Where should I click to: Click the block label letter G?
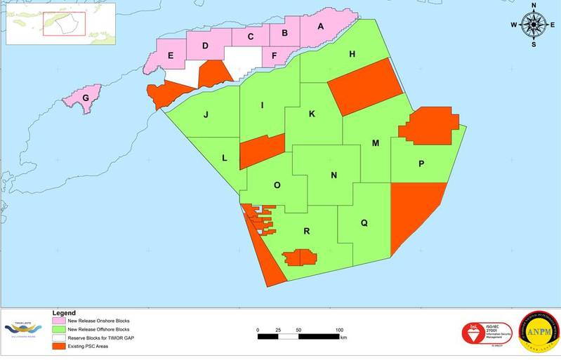pos(86,98)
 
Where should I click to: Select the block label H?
pos(352,54)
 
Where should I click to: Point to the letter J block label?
pos(206,114)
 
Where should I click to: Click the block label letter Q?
pos(364,223)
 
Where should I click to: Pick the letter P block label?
pos(421,164)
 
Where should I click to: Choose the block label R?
pos(307,231)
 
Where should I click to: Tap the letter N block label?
pos(334,175)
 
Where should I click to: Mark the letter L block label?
pos(224,158)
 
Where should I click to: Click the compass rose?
pos(534,25)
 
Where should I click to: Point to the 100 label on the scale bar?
pos(340,330)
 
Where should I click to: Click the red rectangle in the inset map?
pos(64,23)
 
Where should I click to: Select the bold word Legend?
pos(64,312)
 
